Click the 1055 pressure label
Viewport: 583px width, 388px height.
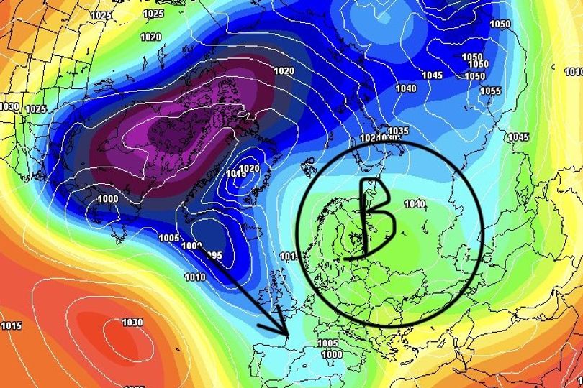490,91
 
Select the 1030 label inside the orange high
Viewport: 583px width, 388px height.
132,323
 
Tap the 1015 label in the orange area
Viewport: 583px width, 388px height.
12,326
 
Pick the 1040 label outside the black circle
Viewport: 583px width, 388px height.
405,88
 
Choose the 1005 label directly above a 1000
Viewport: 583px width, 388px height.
327,343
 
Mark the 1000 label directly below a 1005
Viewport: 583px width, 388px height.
331,354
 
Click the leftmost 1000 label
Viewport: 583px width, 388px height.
108,199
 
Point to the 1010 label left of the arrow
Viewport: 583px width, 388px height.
195,277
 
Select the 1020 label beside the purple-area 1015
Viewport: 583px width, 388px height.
249,168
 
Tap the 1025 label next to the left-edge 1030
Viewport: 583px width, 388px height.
36,109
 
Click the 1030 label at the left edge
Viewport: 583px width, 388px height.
9,106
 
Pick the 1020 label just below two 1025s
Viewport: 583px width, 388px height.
150,37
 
